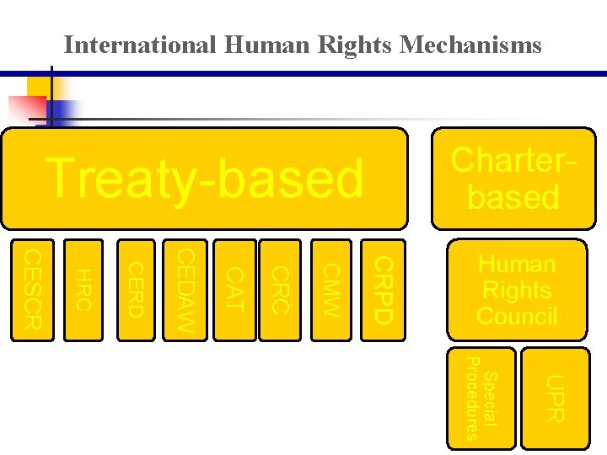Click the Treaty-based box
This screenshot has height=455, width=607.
204,179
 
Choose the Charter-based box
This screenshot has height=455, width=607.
513,179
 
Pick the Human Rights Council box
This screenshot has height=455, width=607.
517,290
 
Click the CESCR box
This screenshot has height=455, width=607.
32,290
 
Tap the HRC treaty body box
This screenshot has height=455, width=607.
83,290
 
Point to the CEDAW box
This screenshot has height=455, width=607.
185,290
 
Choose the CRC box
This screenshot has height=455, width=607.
281,290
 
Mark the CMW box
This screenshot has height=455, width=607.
331,290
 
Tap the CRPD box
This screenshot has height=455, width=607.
382,290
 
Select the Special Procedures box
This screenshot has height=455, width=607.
481,398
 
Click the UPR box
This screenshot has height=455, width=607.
552,398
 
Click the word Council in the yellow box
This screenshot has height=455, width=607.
517,316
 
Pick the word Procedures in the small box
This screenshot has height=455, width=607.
472,398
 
